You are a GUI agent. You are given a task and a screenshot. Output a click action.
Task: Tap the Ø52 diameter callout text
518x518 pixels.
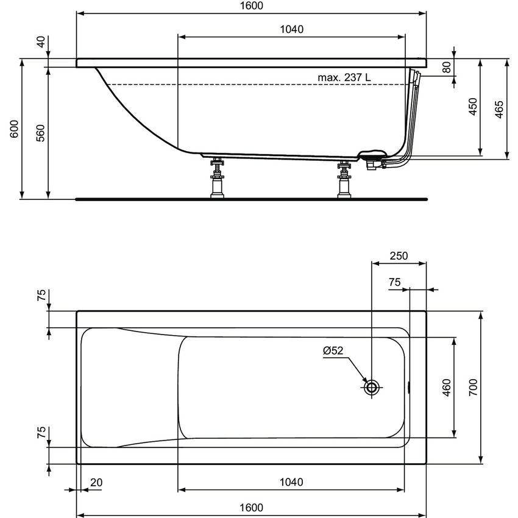click(333, 351)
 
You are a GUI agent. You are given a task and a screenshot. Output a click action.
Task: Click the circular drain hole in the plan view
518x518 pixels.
click(372, 386)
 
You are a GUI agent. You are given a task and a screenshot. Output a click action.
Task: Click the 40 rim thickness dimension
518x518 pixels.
click(41, 42)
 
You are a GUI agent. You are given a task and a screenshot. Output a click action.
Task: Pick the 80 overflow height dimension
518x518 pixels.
click(448, 67)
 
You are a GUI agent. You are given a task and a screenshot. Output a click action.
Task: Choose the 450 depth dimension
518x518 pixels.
click(473, 107)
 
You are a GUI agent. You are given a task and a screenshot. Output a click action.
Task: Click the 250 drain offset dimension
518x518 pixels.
click(399, 256)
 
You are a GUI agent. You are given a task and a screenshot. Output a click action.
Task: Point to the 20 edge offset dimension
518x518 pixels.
click(96, 482)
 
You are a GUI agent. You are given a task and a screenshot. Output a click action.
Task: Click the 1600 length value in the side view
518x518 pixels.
click(251, 5)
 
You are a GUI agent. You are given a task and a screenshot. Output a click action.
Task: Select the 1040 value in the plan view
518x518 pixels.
click(291, 482)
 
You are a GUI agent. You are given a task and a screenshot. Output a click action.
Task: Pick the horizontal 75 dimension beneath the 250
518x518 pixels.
click(394, 282)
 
